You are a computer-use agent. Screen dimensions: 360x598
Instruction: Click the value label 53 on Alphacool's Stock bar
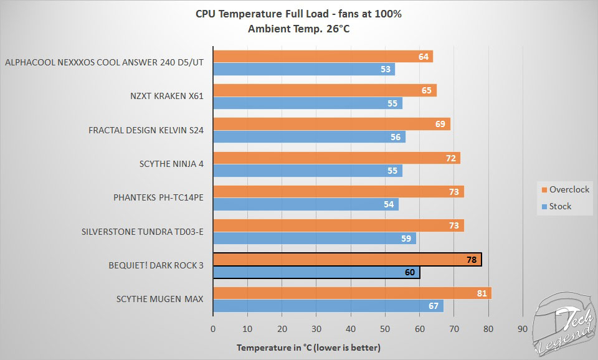pyautogui.click(x=386, y=69)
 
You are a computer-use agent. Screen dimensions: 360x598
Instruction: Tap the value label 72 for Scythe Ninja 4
pyautogui.click(x=452, y=158)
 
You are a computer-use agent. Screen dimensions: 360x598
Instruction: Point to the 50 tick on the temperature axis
pyautogui.click(x=385, y=329)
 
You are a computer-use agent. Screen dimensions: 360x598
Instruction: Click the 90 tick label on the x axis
pyautogui.click(x=523, y=329)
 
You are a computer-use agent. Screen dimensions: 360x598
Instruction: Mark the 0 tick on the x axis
pyautogui.click(x=213, y=329)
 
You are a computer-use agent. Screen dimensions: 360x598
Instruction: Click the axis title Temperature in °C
pyautogui.click(x=308, y=347)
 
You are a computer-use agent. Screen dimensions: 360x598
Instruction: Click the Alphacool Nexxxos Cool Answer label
pyautogui.click(x=104, y=63)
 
